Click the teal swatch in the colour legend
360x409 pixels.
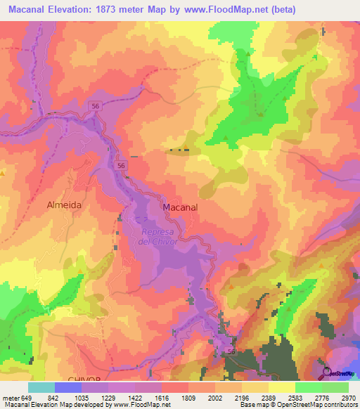[41, 387]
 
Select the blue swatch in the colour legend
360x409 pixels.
[68, 387]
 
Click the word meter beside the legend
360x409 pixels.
[10, 398]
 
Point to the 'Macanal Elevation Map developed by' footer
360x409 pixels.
[49, 405]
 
